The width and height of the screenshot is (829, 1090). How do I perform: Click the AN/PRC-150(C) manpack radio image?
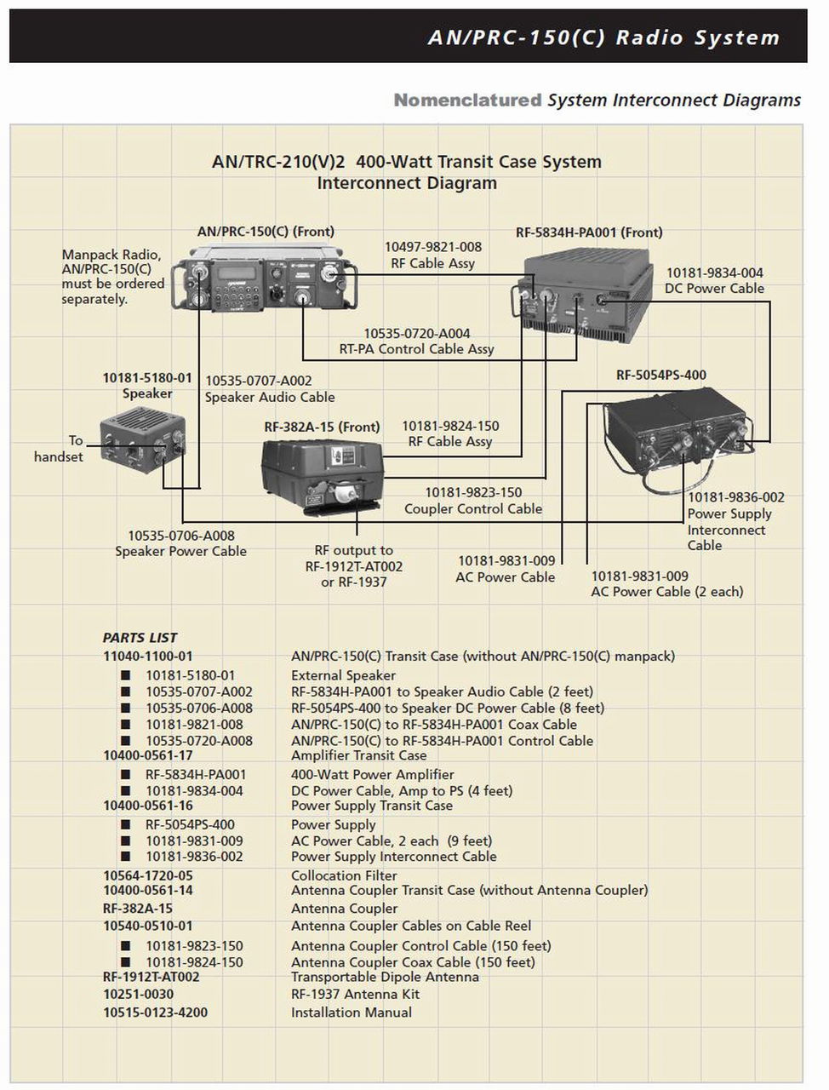(265, 281)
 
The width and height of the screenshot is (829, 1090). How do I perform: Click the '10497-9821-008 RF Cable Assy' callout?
(432, 255)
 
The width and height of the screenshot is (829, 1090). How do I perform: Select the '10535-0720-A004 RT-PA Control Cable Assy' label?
(417, 341)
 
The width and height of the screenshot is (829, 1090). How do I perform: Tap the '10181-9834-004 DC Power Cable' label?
(714, 280)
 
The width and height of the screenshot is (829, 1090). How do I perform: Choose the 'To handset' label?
(60, 449)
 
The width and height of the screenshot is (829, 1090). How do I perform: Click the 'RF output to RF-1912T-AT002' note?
(354, 566)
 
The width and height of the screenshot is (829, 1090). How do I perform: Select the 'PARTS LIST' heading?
(140, 638)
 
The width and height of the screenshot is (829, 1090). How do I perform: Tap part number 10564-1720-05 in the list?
(148, 875)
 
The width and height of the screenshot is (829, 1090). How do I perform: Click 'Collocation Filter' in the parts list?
(344, 875)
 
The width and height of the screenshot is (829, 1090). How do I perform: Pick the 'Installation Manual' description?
(351, 1013)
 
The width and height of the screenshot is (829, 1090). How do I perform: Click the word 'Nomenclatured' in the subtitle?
(467, 100)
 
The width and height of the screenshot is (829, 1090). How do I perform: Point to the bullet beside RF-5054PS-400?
(125, 824)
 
